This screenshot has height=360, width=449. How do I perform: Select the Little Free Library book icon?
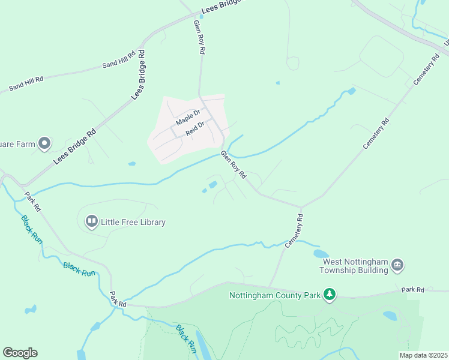[x=92, y=222]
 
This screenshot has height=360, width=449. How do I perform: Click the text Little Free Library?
[x=133, y=222]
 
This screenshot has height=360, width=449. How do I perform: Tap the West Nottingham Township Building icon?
[x=397, y=265]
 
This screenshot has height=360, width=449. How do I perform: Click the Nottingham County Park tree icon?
[x=329, y=295]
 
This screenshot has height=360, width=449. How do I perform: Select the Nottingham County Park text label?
[x=276, y=295]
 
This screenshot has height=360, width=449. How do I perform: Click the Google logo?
[x=20, y=353]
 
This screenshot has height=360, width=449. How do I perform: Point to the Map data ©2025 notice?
[x=423, y=355]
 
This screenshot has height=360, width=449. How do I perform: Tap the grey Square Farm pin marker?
[x=44, y=143]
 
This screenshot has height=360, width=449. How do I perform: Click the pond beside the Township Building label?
[x=321, y=254]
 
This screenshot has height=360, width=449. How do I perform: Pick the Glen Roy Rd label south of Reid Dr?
[x=234, y=164]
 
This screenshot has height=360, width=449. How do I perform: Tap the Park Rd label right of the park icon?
[x=413, y=290]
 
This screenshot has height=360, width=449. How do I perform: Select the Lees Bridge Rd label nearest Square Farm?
[x=74, y=148]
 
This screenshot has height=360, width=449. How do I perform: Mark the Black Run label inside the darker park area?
[x=187, y=338]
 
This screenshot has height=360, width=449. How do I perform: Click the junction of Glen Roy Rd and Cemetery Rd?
[x=301, y=206]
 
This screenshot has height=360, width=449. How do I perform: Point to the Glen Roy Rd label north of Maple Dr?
[x=199, y=37]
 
